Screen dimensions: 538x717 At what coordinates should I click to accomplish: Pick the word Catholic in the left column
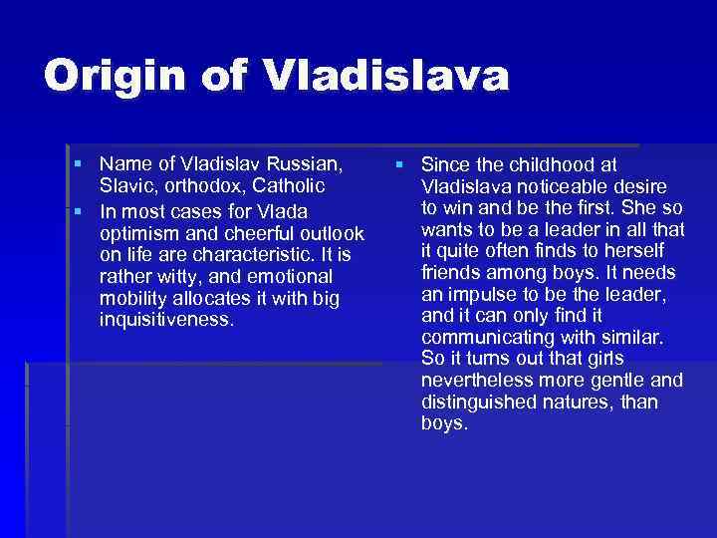(x=290, y=185)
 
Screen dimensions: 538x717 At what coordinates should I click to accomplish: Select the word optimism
(x=140, y=233)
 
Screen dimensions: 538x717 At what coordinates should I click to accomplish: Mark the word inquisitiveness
(x=166, y=319)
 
